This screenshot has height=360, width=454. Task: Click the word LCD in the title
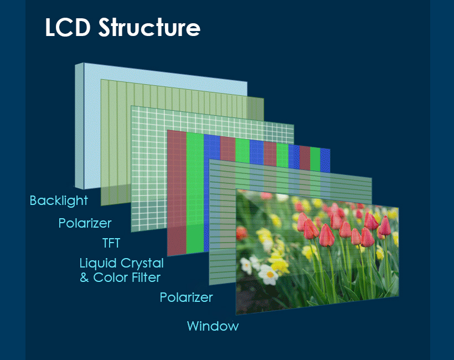[x=68, y=27]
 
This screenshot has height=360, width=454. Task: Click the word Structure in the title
[x=149, y=27]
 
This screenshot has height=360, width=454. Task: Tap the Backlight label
[x=59, y=200]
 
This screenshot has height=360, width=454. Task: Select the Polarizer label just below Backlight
[x=85, y=223]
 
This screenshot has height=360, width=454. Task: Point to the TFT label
[x=111, y=243]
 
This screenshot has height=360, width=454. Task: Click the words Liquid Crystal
[x=122, y=264]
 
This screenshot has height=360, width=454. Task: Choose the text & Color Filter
[x=120, y=277]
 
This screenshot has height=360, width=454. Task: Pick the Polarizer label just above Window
[x=186, y=297]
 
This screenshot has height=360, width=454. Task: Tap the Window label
[x=213, y=326]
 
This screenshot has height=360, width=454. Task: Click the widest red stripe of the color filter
[x=177, y=193]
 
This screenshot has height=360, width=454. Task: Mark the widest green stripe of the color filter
[x=195, y=193]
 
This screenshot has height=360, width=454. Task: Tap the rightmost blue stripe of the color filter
[x=325, y=160]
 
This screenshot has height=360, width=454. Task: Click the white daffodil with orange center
[x=269, y=274]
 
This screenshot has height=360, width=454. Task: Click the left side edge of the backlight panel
[x=79, y=126]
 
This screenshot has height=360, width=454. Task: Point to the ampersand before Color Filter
[x=84, y=277]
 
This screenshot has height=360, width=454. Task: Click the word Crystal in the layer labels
[x=142, y=264]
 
